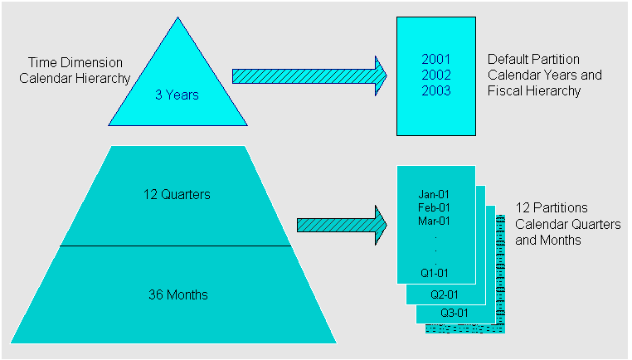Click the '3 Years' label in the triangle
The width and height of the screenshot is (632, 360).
tap(177, 95)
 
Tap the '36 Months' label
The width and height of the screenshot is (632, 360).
tap(177, 294)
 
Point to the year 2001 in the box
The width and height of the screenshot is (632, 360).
tap(436, 60)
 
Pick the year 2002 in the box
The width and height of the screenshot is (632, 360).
tap(436, 75)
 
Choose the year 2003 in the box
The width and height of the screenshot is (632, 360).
tap(436, 90)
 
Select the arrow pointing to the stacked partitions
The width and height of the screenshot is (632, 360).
tap(341, 225)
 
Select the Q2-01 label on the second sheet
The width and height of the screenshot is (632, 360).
tap(443, 294)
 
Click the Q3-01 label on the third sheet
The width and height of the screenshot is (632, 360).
tap(454, 313)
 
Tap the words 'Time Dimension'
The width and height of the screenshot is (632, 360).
tap(75, 62)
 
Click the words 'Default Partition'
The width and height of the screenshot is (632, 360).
tap(533, 60)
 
